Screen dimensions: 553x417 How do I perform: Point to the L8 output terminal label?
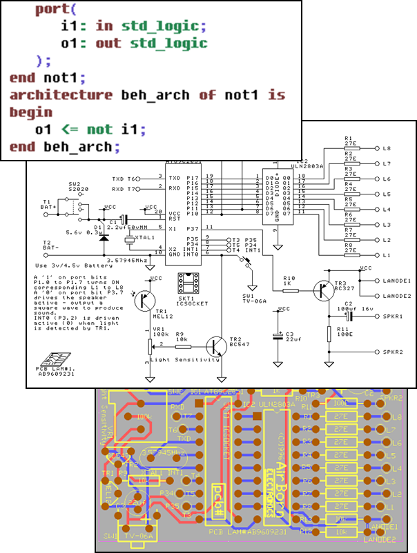coord(387,149)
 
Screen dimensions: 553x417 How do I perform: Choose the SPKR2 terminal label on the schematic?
coord(391,352)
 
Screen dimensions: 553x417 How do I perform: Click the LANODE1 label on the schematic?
coord(394,281)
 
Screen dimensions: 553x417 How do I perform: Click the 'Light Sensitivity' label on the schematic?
coord(188,359)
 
